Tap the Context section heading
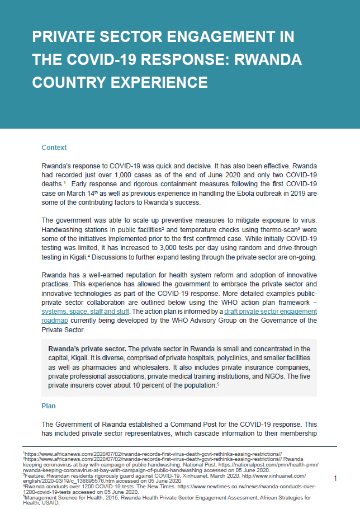[54, 148]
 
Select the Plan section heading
[49, 406]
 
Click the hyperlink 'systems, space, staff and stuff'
[86, 311]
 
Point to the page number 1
[335, 479]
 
